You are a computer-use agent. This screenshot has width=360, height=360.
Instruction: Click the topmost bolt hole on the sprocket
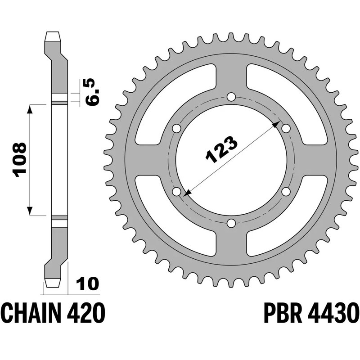(x=231, y=97)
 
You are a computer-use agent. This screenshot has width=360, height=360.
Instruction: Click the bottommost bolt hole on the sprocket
(x=231, y=223)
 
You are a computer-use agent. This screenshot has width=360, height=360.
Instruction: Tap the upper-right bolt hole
(x=286, y=129)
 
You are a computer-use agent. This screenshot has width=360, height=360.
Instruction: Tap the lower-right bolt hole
(x=286, y=192)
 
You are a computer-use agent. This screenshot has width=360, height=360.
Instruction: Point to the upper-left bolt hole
(x=176, y=129)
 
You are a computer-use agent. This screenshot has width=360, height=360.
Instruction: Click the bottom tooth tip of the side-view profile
(x=52, y=284)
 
